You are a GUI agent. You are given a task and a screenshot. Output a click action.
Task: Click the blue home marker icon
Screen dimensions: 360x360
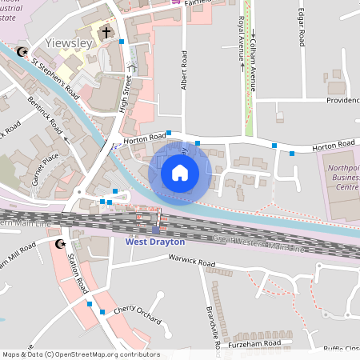[x=180, y=173]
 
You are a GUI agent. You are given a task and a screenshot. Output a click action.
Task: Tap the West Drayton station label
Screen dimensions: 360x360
[x=155, y=241]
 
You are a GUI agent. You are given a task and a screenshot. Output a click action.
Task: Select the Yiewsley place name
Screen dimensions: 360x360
[x=68, y=42]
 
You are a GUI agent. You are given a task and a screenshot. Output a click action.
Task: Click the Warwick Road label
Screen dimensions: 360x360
[x=192, y=262]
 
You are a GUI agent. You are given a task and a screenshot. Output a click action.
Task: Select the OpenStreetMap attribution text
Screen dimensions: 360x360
[x=81, y=354]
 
